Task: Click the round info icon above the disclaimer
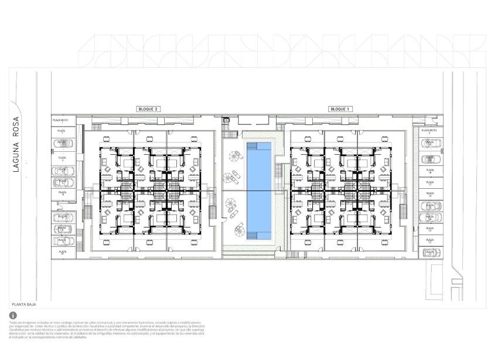point(13,316)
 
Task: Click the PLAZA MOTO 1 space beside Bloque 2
point(62,120)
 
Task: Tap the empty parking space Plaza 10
point(62,252)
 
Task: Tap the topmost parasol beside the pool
point(234,155)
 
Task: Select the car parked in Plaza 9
point(62,240)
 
